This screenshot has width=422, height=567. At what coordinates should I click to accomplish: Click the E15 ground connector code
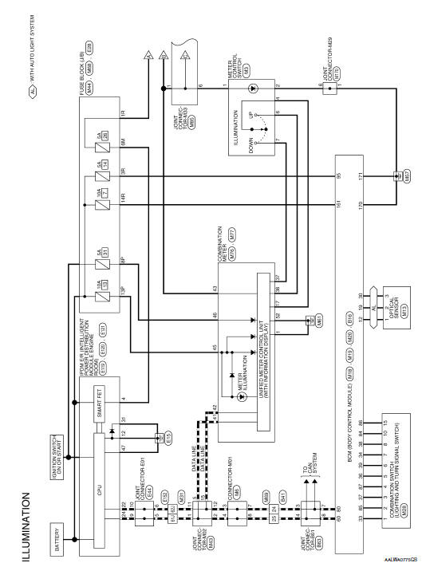tap(168, 436)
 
